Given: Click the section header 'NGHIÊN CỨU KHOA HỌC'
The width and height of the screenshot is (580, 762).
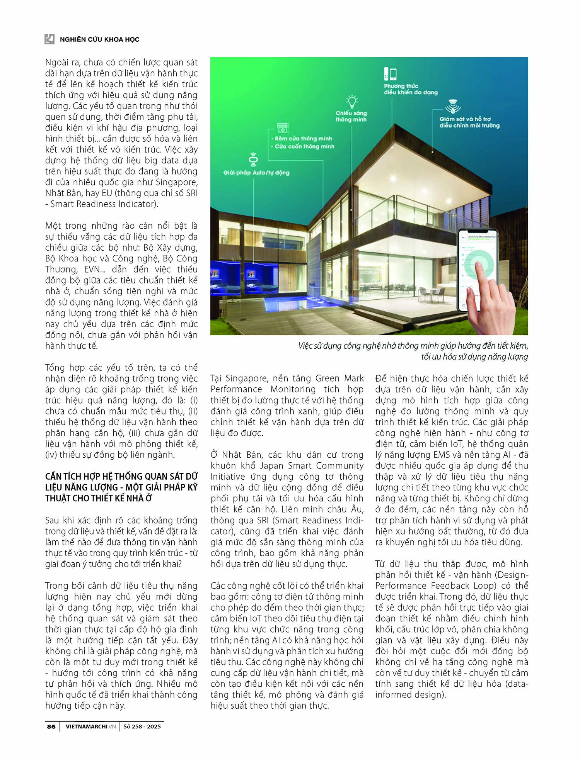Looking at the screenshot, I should tap(99, 39).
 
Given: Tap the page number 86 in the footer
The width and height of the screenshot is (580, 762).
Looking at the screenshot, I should tap(51, 726).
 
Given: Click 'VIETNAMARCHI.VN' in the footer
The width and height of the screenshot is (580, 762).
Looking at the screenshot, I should tap(90, 726).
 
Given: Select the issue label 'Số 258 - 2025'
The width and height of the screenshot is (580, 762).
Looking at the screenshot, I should tap(142, 726).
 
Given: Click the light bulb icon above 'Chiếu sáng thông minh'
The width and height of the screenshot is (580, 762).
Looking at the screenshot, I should tap(351, 102).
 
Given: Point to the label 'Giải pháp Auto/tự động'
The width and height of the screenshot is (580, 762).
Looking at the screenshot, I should tap(256, 173).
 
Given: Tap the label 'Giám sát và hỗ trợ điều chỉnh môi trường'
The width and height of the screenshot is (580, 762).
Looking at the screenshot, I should tap(469, 122).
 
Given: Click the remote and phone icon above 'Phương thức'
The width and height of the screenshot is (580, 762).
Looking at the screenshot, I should tap(390, 74).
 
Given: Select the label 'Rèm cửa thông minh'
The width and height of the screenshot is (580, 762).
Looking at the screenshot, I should tap(303, 139).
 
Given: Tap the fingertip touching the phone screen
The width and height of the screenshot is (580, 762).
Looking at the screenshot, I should tap(478, 267).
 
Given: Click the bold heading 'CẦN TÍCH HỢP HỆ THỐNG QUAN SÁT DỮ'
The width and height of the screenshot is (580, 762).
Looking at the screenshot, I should tap(121, 477).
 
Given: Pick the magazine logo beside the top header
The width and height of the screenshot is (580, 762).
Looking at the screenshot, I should tap(49, 39).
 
